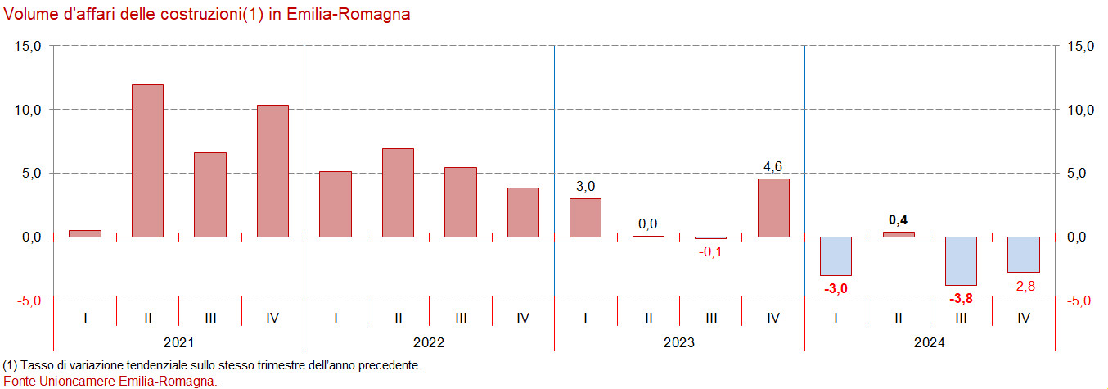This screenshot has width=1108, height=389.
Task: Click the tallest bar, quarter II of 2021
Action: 147,161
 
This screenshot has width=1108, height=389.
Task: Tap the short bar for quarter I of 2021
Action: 85,233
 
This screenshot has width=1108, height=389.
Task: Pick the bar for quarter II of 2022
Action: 398,192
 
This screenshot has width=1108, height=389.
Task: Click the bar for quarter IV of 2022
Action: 523,212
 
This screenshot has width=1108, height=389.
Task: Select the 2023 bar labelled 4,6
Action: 773,207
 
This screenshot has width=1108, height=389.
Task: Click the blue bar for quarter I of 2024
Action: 836,256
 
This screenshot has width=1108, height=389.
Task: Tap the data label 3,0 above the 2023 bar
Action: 585,187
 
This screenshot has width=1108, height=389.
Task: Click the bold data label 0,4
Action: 899,219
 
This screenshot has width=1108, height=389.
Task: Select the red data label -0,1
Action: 710,251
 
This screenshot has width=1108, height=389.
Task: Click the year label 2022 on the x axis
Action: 429,342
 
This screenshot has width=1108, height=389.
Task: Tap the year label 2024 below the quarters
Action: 930,342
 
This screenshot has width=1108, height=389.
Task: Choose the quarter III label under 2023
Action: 710,318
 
